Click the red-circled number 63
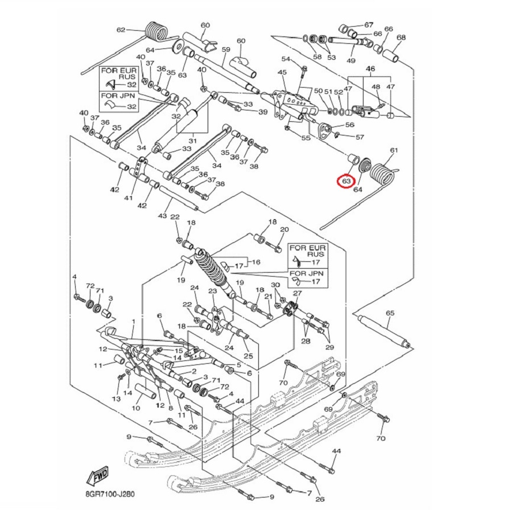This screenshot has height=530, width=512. point(346,181)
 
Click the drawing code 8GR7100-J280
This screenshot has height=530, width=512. point(110,494)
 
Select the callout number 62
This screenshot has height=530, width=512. point(121,30)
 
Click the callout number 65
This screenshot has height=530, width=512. point(390,313)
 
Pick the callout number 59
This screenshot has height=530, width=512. point(226,50)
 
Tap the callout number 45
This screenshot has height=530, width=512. point(282,72)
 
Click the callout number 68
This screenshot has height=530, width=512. point(401,37)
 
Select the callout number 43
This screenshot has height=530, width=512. point(163,215)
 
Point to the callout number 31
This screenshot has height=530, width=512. point(192,140)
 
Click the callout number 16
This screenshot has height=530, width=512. point(256,262)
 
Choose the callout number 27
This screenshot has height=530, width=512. point(297,293)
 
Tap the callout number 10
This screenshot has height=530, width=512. point(136,408)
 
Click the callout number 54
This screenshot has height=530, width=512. point(286,59)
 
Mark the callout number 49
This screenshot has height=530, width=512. point(351,60)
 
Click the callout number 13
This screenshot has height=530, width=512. point(116,399)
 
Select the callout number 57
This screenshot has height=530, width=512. point(360,137)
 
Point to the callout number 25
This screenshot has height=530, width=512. point(248,356)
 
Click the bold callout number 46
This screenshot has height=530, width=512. point(370,69)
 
